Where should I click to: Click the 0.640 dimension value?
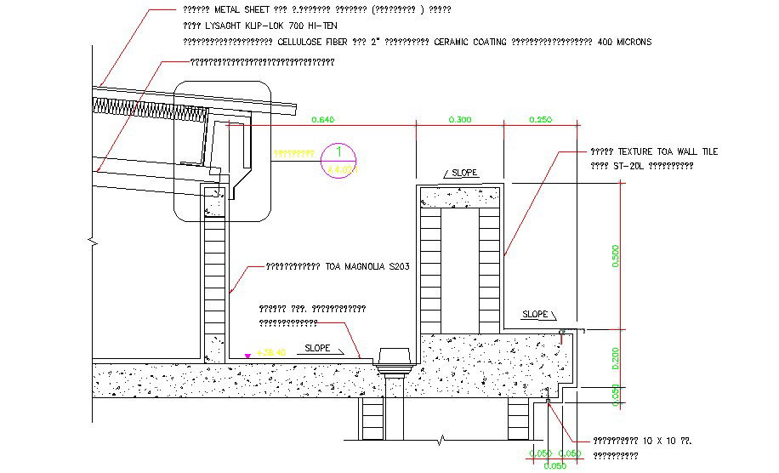pos(324,120)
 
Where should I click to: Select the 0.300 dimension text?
pos(458,120)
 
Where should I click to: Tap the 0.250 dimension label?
pos(540,120)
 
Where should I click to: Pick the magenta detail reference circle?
pos(340,159)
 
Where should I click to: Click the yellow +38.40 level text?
pos(272,350)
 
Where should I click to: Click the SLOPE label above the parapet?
pos(464,173)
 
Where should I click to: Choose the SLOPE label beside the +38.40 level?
pos(318,348)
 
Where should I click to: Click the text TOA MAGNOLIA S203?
pos(367,266)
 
